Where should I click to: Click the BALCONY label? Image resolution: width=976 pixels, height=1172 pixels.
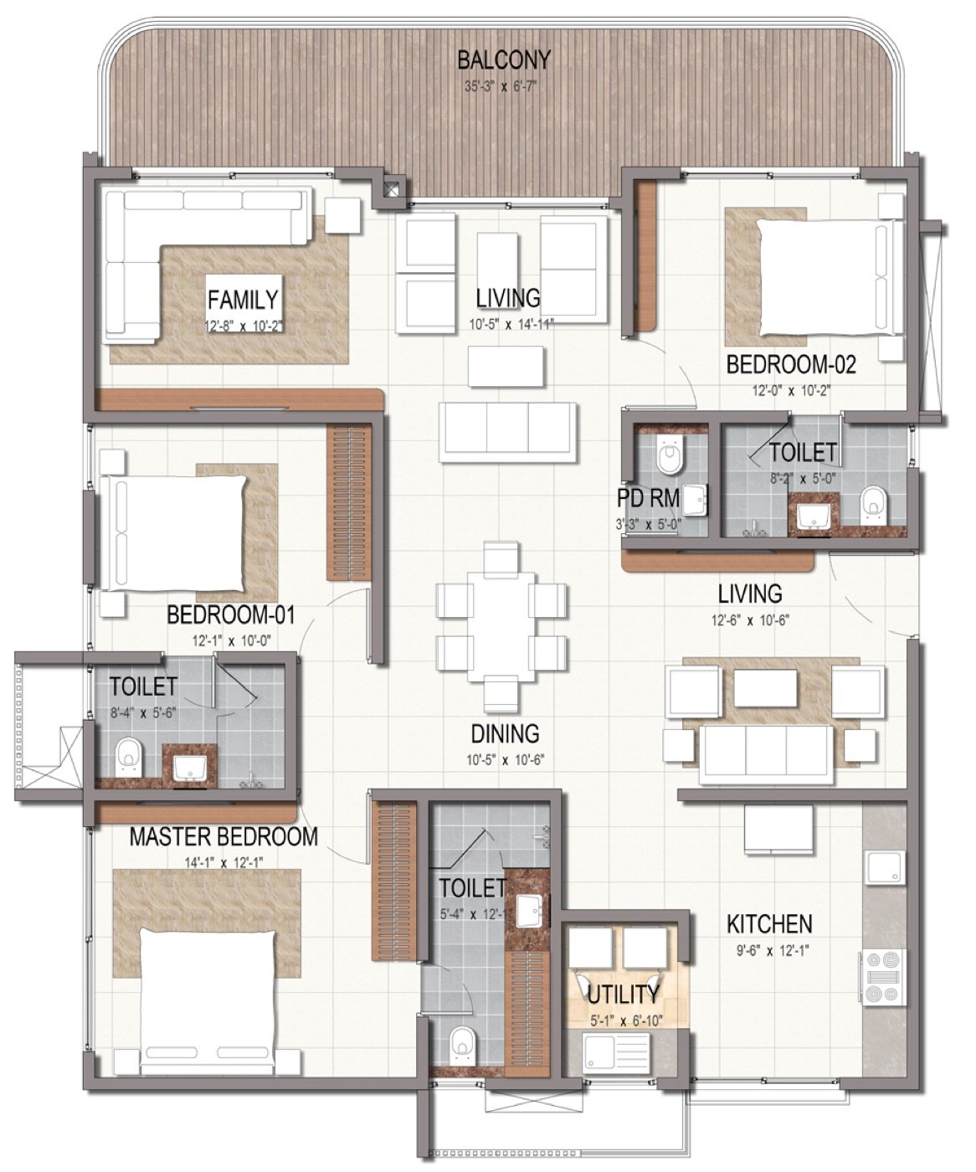pos(503,60)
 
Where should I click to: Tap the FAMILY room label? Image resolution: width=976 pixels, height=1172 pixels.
pos(243,299)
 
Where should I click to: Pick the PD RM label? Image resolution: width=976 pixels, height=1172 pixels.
pos(648,498)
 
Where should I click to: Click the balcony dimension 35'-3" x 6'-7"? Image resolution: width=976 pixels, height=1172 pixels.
pos(500,87)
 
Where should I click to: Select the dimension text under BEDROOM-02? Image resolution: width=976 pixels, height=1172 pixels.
pos(791,391)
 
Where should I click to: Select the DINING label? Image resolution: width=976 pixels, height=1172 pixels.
pos(505,733)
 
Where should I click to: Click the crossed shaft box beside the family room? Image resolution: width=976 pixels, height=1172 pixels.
pos(391,188)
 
